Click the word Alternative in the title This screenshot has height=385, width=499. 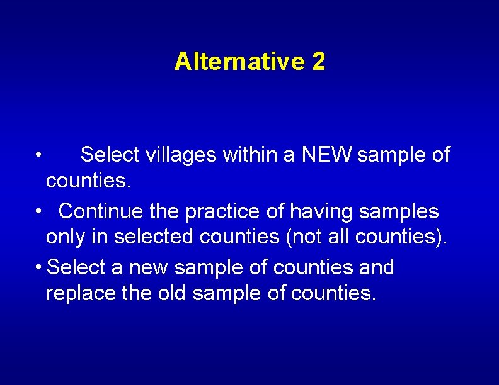tap(238, 62)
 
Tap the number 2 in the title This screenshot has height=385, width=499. tap(318, 62)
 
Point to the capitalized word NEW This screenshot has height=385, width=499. tap(327, 155)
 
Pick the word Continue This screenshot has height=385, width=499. tap(100, 211)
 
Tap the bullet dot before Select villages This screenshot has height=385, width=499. tap(39, 155)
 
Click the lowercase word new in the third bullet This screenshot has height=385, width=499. tap(148, 267)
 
